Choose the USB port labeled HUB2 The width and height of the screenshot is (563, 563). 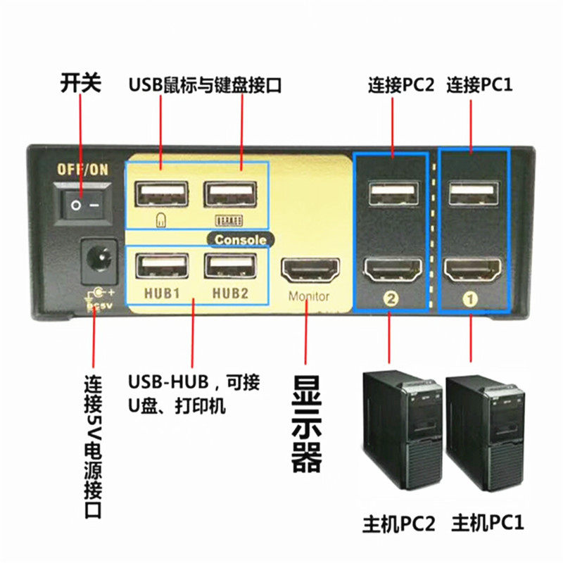tap(229, 267)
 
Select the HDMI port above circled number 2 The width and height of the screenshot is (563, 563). tap(392, 270)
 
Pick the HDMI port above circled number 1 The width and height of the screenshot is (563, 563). tap(473, 270)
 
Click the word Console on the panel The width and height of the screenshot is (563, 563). tap(241, 239)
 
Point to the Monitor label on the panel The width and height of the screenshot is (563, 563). tap(308, 296)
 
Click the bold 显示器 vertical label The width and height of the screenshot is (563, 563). tap(307, 422)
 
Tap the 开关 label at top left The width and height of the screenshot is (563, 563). tap(80, 84)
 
